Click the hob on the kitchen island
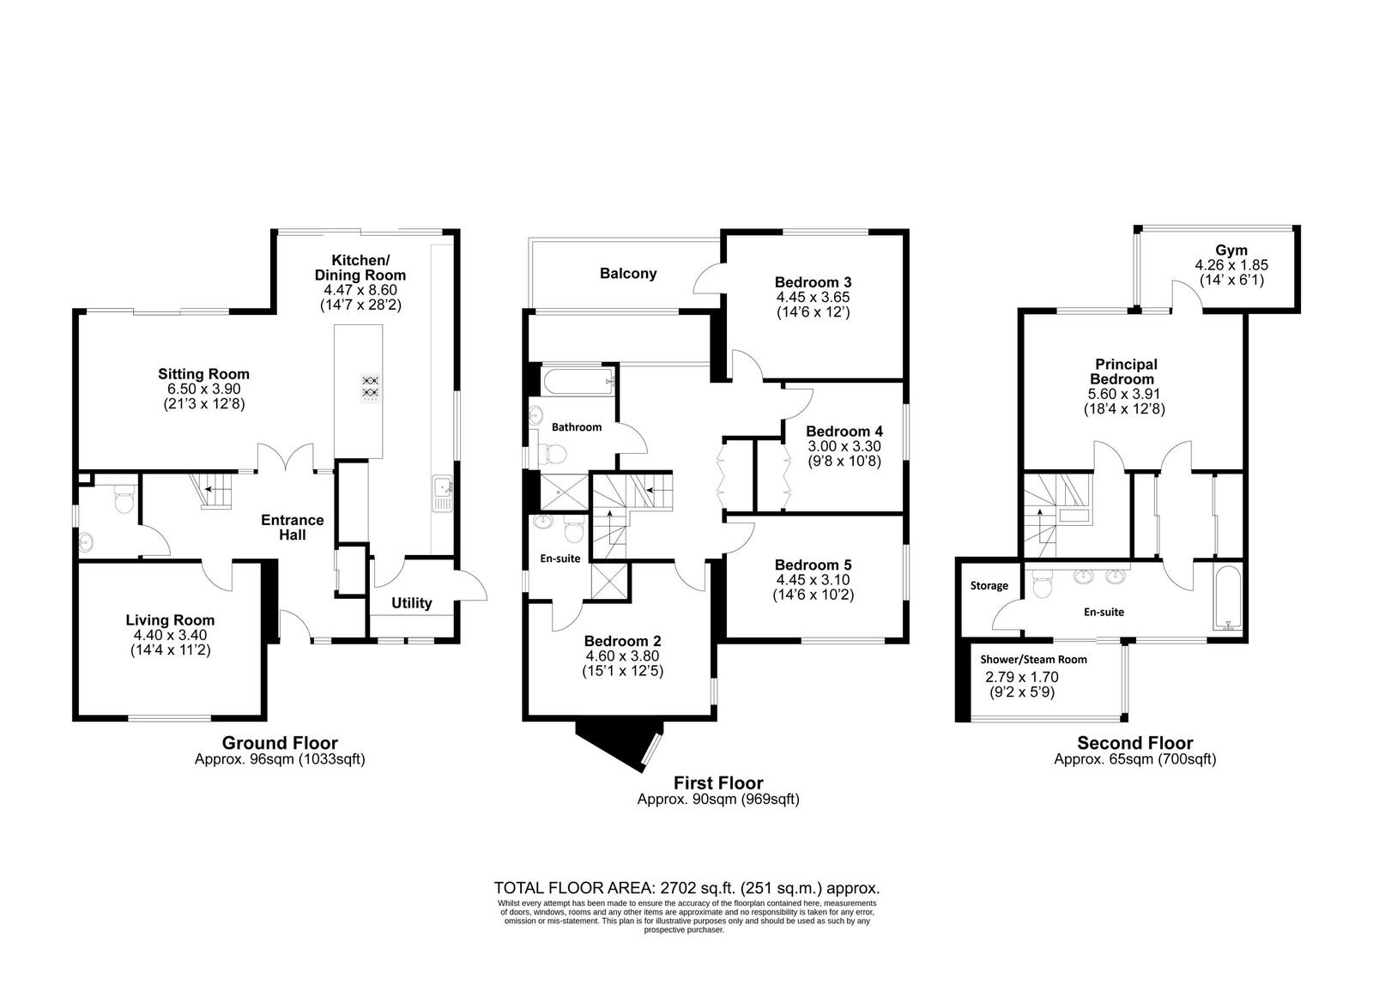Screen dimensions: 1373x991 [370, 389]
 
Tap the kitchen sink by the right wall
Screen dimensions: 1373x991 [442, 492]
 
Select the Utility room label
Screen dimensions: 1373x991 [411, 603]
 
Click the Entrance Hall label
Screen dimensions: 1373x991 [293, 527]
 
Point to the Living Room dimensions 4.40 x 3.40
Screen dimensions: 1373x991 [171, 635]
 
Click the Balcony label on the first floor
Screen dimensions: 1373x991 [628, 274]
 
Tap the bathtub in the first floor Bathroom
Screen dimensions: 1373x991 [578, 381]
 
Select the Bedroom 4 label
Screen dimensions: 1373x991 [844, 431]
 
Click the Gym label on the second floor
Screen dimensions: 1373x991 [1231, 250]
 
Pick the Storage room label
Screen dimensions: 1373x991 [989, 586]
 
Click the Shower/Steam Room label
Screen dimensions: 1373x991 [1033, 660]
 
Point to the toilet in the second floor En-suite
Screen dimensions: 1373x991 [1042, 583]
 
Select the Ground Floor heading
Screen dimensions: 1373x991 [280, 743]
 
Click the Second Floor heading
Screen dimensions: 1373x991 [1135, 743]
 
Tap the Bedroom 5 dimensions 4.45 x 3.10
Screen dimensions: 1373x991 [813, 580]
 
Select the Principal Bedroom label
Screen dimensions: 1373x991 [1126, 372]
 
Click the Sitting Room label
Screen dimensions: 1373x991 [203, 374]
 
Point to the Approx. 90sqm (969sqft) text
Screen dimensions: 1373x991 [718, 799]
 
